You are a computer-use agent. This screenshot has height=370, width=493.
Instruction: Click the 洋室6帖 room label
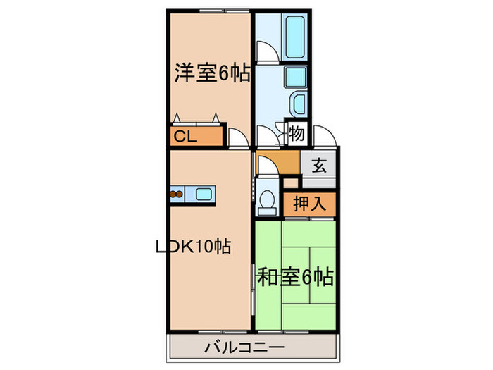(212, 73)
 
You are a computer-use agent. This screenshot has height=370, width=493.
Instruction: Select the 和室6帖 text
(294, 277)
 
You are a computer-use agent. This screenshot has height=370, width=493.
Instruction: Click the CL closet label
(185, 136)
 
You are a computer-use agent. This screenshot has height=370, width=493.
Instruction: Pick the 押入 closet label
(309, 204)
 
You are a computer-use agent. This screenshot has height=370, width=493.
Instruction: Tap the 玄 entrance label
(319, 166)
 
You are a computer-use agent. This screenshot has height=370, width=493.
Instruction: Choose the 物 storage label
(297, 132)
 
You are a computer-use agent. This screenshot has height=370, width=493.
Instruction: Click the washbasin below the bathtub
(297, 104)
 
